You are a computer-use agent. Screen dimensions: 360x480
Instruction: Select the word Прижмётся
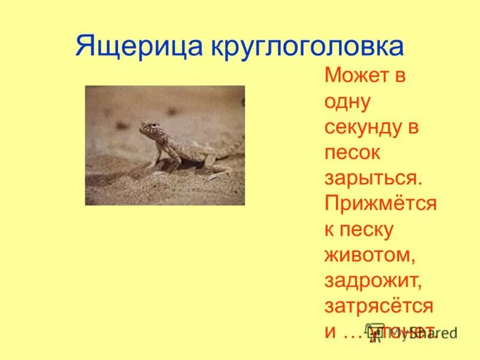point(380,204)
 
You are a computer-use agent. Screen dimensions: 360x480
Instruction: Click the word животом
point(370,254)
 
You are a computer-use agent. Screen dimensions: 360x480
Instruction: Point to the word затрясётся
point(378,305)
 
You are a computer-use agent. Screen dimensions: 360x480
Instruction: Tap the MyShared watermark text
point(414,332)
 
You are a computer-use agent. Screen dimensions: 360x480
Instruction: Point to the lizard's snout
point(142,128)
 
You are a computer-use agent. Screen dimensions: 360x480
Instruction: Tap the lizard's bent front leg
point(157,157)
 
